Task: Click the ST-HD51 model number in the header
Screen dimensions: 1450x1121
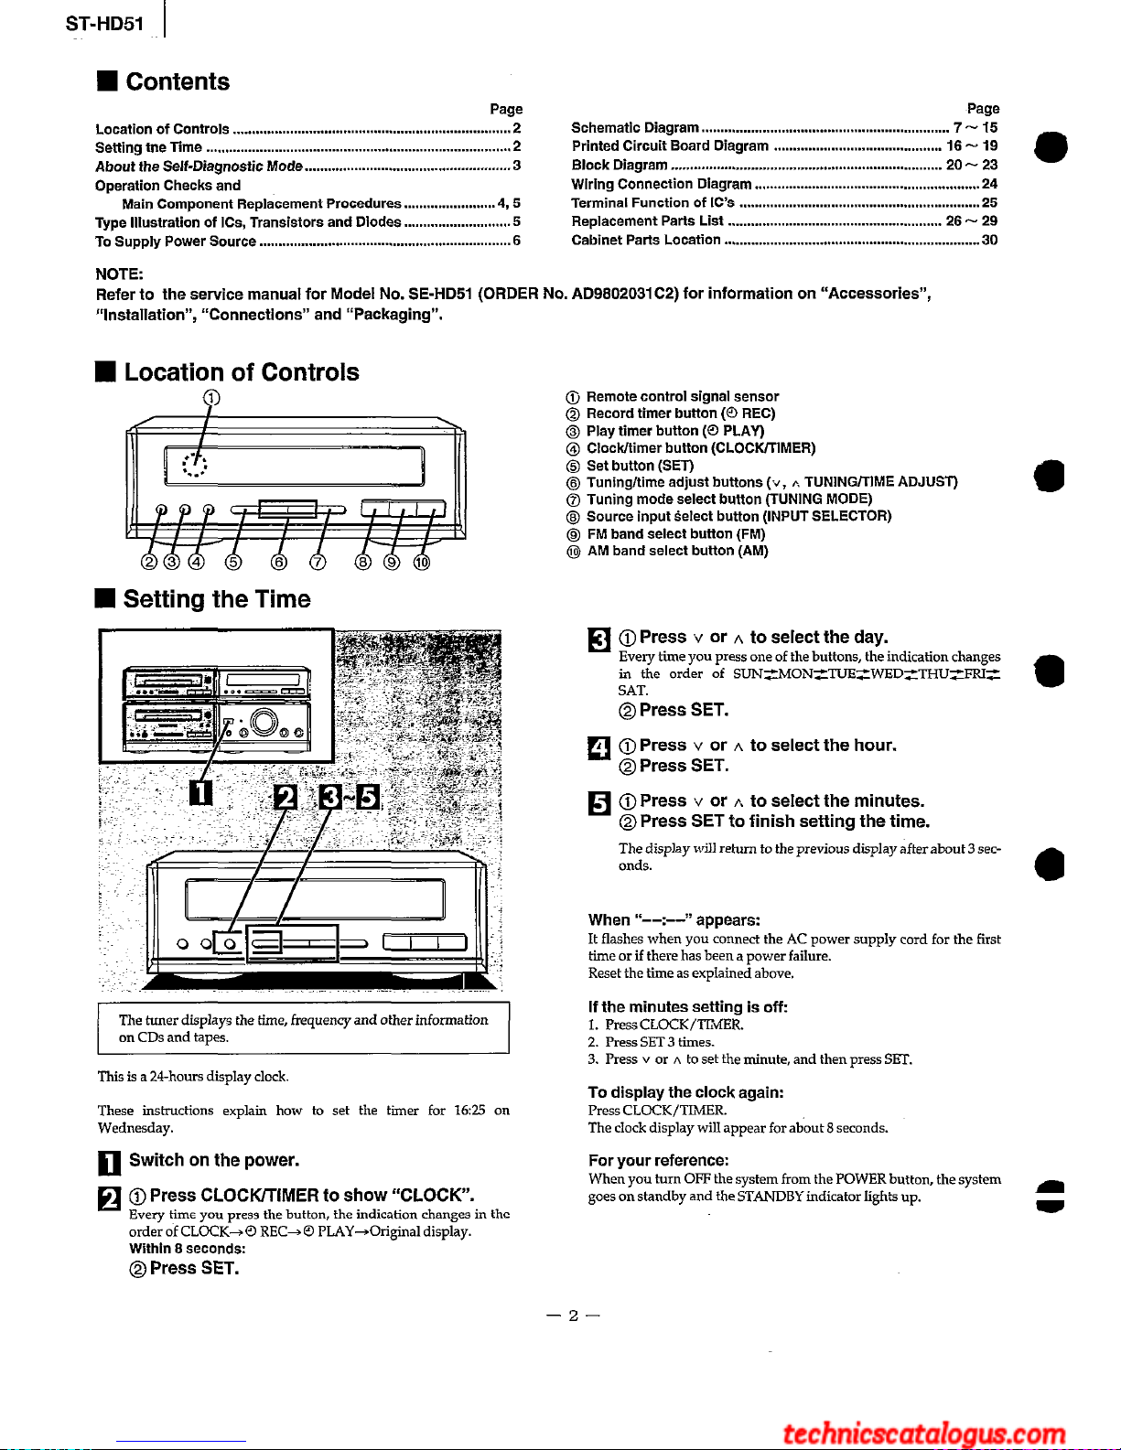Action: [x=104, y=23]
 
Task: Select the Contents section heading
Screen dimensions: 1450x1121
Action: [x=178, y=81]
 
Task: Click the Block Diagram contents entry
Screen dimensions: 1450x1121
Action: [x=620, y=165]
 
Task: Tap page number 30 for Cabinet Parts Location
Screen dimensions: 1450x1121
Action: [x=989, y=240]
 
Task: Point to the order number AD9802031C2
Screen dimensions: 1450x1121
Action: [x=625, y=294]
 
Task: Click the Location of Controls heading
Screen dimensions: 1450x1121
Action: [x=242, y=372]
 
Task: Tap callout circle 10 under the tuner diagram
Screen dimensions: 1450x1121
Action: [x=421, y=562]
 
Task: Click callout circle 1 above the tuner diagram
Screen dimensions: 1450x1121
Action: [x=211, y=397]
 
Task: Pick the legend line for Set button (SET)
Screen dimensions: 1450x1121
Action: [x=640, y=466]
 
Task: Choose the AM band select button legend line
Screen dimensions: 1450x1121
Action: [x=677, y=551]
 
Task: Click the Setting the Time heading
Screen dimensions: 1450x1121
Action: [x=217, y=599]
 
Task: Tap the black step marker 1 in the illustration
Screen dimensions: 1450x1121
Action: [x=200, y=792]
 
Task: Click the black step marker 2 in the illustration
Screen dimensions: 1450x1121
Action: [x=286, y=798]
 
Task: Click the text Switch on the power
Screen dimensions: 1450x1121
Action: [x=214, y=1160]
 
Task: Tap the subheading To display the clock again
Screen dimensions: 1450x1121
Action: [x=685, y=1092]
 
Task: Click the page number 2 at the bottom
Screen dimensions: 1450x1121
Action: [x=573, y=1316]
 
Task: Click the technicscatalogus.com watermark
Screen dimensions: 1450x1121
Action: [x=924, y=1434]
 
